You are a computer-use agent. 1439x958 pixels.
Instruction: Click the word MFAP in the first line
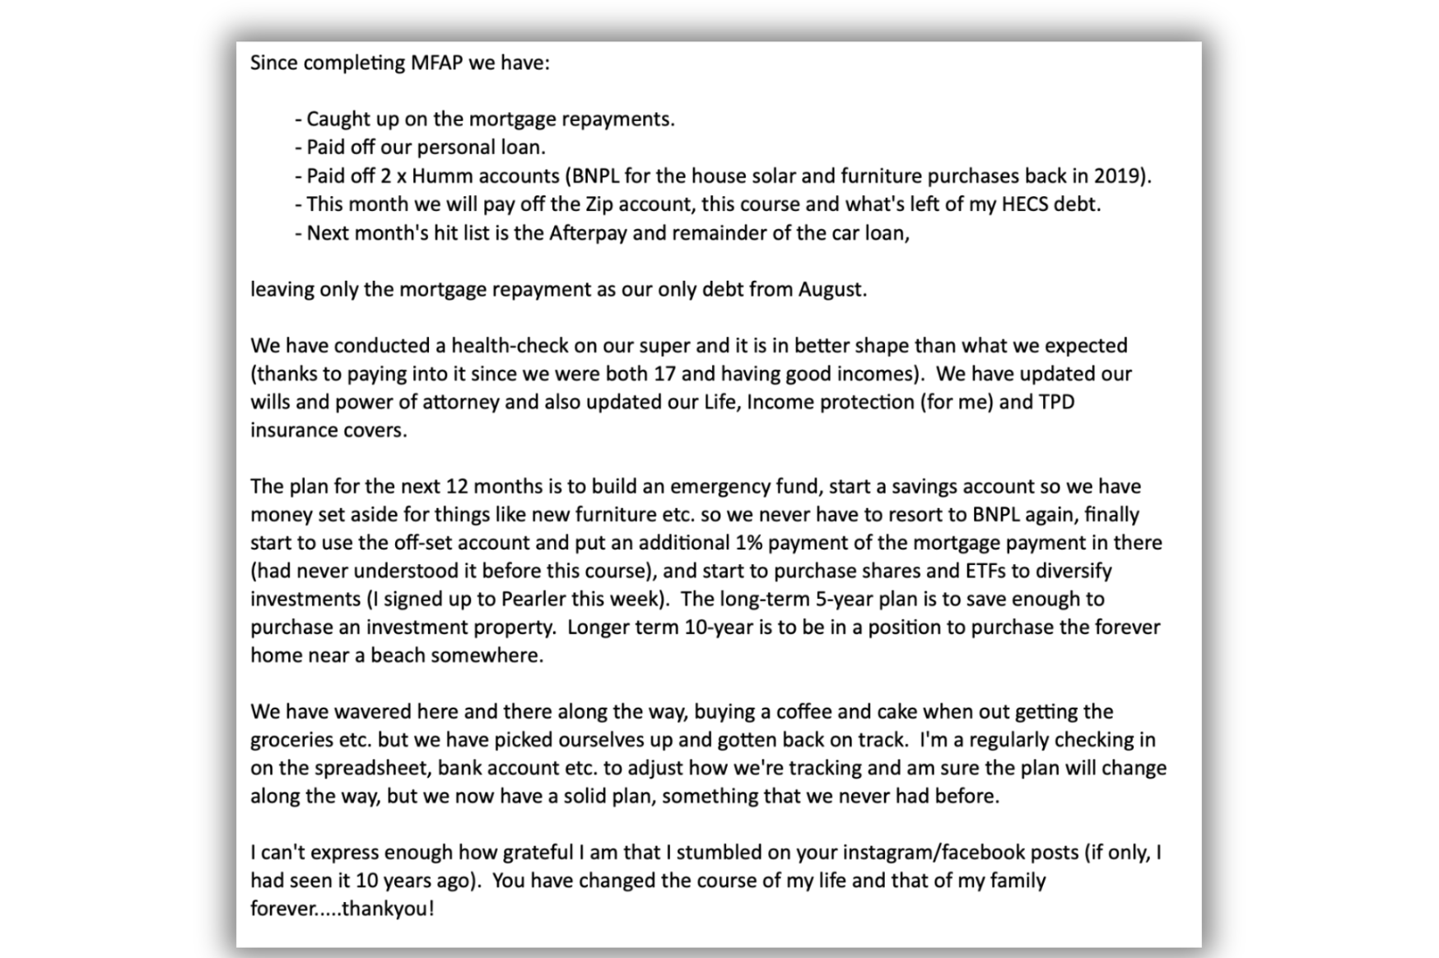433,63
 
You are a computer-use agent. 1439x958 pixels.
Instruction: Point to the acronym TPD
1056,402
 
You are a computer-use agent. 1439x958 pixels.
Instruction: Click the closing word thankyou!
387,909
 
